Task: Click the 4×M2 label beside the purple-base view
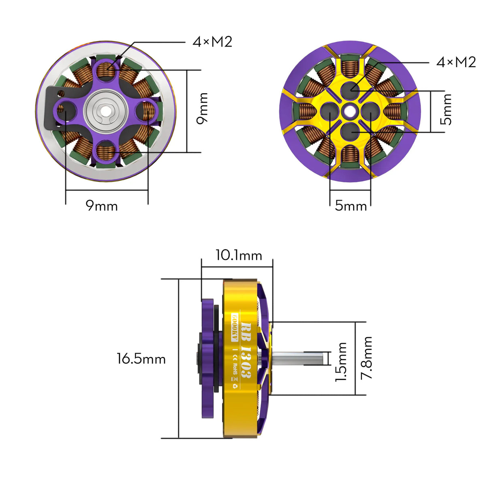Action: point(212,42)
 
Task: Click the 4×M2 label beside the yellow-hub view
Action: point(456,62)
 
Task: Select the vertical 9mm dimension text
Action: point(203,108)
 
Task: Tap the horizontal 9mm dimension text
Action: point(102,206)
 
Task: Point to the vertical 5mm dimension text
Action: point(447,109)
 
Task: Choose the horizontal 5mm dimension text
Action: point(351,206)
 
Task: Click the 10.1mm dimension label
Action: point(238,255)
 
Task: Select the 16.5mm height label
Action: point(141,359)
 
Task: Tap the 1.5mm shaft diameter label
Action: point(341,362)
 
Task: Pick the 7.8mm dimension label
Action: point(367,358)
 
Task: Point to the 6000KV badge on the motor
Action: point(234,327)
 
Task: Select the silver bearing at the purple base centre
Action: point(106,111)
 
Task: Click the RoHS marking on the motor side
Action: point(235,367)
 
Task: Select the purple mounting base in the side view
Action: point(207,358)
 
